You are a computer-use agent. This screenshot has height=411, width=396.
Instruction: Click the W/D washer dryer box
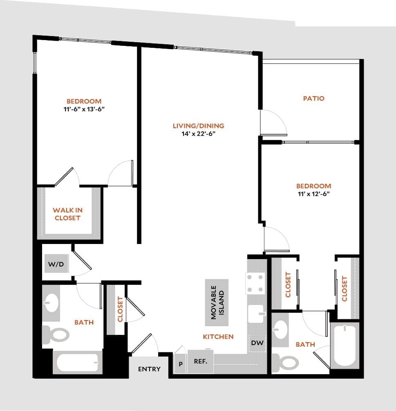(x=56, y=264)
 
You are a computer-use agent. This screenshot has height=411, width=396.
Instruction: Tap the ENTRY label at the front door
(x=149, y=369)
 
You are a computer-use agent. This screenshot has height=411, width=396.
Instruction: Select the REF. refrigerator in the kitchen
(x=201, y=361)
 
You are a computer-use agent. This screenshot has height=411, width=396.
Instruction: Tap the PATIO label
(x=313, y=98)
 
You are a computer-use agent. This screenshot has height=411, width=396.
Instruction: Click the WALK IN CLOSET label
(x=67, y=214)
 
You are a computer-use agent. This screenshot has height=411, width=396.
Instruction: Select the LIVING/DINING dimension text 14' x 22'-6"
(x=198, y=133)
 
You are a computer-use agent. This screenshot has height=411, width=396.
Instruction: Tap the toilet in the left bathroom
(x=56, y=334)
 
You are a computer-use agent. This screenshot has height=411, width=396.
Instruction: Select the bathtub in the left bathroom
(x=78, y=362)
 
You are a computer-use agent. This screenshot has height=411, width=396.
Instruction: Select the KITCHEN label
(x=218, y=336)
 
